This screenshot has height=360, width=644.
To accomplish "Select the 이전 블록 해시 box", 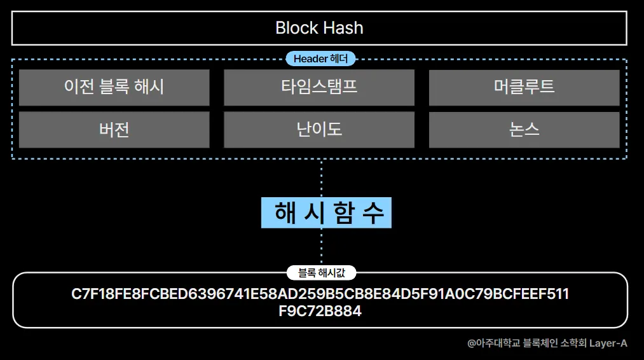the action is click(114, 87).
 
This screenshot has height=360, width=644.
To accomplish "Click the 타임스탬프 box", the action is click(319, 87).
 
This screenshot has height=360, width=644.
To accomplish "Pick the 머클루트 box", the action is click(524, 87).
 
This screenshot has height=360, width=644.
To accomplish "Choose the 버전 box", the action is click(114, 130).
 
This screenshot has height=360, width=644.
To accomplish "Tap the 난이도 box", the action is click(319, 130).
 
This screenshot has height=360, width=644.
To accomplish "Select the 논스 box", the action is click(524, 130).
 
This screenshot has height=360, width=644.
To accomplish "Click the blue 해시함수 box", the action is click(326, 212).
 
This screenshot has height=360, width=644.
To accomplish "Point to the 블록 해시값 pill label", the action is click(321, 273).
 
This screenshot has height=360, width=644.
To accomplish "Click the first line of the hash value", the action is click(320, 294).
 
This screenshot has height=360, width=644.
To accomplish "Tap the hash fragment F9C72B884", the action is click(320, 312).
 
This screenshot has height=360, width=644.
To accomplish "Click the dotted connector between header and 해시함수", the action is click(321, 179).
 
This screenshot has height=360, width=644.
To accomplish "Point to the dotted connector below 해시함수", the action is click(321, 246).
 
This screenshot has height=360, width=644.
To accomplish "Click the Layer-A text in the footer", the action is click(608, 343).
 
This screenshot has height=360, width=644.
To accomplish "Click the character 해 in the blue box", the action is click(286, 212).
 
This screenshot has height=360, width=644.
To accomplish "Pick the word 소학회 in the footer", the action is click(572, 343).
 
